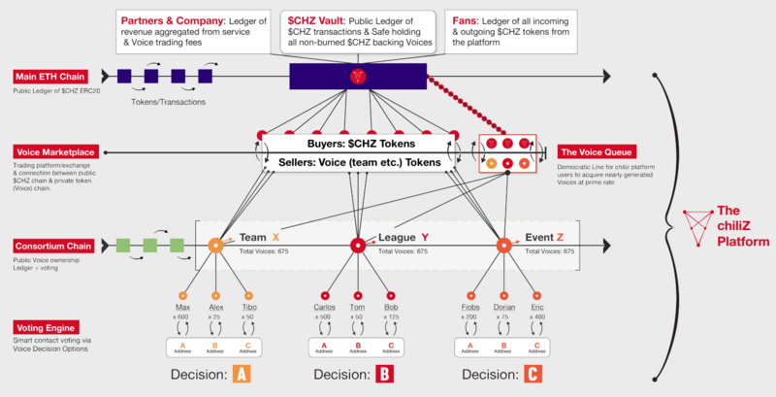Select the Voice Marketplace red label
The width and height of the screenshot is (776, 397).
54,152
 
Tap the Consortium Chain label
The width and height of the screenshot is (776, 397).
52,247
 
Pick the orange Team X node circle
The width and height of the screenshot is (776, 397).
216,246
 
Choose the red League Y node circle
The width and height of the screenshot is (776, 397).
357,246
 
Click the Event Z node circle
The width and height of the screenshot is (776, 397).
503,246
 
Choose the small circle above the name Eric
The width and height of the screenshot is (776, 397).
535,295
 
